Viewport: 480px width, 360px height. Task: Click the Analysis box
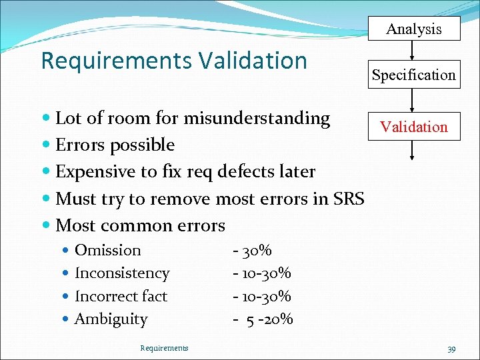point(414,29)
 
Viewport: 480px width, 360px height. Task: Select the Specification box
point(414,75)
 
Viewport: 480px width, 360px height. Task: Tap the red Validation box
point(414,127)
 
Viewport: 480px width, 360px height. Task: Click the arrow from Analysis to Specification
point(414,50)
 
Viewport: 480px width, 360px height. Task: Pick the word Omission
point(108,250)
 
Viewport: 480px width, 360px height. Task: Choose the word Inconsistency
point(122,273)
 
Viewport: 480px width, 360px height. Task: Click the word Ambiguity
point(111,319)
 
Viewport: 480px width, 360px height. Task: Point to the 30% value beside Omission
point(256,251)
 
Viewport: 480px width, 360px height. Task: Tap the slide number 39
point(451,349)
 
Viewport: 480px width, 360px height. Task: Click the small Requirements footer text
point(164,347)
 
